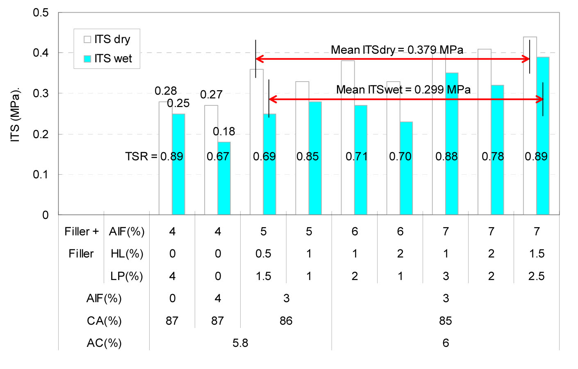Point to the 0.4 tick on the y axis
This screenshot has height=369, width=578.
[41, 53]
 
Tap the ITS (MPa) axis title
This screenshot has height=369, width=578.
[15, 115]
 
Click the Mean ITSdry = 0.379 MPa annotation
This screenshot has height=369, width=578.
[397, 50]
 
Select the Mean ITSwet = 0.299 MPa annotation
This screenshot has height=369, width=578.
[403, 90]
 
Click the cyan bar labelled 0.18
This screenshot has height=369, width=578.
[224, 178]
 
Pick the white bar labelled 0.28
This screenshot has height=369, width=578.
[165, 158]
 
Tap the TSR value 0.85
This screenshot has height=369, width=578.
[307, 157]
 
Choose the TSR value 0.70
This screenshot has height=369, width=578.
[400, 157]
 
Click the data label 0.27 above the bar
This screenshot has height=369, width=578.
[211, 95]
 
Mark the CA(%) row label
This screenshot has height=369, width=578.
[104, 321]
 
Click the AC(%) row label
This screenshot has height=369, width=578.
[104, 343]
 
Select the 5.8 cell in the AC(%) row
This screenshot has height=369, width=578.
[240, 343]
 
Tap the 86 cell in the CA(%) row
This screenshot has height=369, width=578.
[286, 321]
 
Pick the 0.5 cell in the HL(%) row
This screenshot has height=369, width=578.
[263, 254]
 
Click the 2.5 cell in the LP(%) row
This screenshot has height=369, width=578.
[536, 276]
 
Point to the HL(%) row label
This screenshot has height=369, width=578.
[127, 254]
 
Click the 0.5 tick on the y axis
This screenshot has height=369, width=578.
[41, 13]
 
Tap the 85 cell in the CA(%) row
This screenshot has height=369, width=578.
[445, 321]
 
